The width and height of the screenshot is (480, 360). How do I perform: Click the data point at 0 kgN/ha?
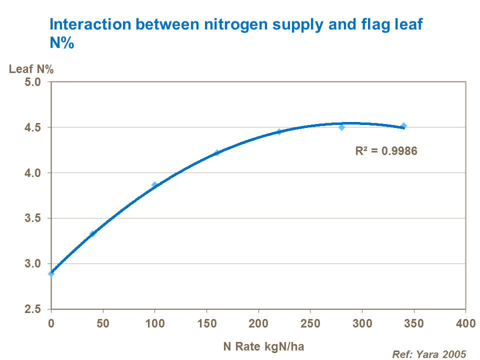pos(51,273)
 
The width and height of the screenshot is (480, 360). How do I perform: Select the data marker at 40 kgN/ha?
pos(92,233)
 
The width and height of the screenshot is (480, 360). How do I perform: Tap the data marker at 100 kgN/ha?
pos(154,184)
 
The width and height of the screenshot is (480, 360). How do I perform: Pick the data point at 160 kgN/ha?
pos(217,152)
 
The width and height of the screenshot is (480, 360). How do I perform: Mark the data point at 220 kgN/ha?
pos(279,131)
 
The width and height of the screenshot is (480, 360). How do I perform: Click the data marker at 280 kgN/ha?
pos(341,127)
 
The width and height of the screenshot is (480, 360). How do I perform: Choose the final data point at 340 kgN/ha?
pos(403,125)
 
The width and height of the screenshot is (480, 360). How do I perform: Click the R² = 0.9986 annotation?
pos(385,150)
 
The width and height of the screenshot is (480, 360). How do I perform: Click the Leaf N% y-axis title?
pos(31,69)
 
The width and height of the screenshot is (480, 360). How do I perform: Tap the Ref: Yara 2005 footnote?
pos(428,354)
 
